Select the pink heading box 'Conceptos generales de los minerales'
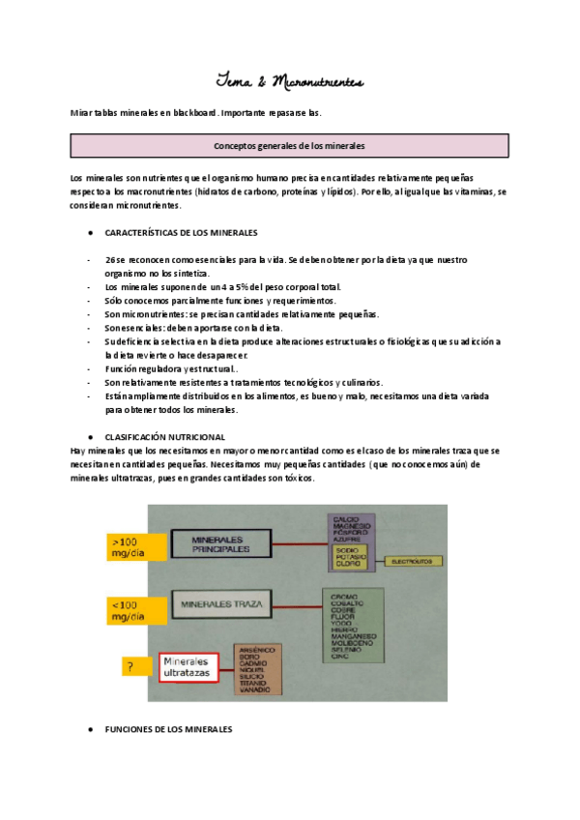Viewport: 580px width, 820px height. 289,146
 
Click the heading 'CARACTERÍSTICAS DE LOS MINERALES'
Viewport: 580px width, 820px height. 181,233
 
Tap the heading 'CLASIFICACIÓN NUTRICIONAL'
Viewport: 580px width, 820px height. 164,437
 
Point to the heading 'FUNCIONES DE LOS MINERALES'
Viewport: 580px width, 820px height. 167,729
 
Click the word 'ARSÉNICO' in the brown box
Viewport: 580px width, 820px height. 255,650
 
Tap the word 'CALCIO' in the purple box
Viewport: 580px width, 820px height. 345,519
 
